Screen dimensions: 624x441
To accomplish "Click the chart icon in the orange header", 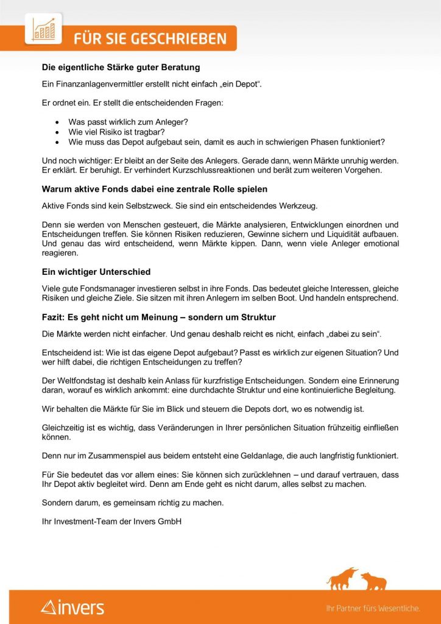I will click(43, 30).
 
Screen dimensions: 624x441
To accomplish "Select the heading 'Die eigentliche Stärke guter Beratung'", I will click(121, 67).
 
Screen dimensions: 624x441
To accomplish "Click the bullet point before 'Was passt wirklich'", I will click(57, 122).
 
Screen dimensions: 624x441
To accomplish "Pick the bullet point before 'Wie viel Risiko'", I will click(57, 132).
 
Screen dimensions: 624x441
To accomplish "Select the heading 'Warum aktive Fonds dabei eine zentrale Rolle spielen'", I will click(155, 189).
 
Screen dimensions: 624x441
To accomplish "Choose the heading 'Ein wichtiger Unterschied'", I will click(96, 272).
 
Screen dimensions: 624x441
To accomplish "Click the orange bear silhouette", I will click(373, 581).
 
